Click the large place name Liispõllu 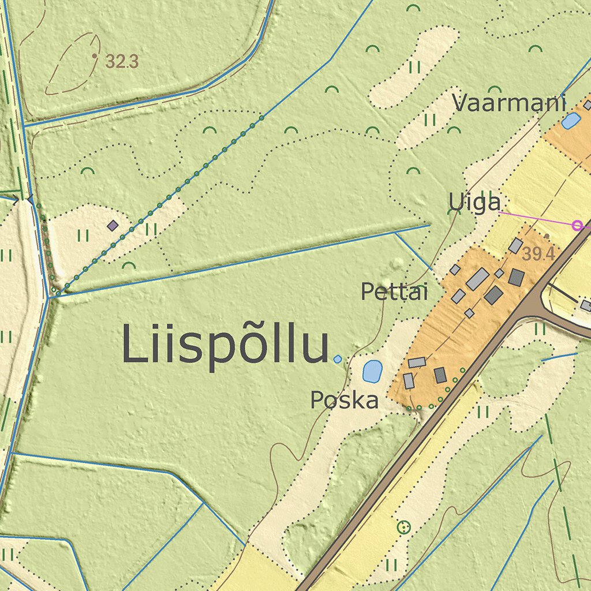pos(225,345)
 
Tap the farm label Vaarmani pos(509,103)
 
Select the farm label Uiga pos(474,203)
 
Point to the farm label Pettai pos(394,292)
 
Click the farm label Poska pos(345,400)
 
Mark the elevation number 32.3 pos(122,62)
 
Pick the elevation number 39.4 pos(538,254)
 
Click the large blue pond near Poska pos(372,371)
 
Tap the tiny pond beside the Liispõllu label pos(338,359)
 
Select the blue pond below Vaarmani pos(571,121)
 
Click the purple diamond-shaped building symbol pos(113,225)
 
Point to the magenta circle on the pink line pos(576,225)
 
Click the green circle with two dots pos(404,527)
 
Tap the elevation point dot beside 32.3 pos(94,56)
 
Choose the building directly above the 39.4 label pos(515,246)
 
